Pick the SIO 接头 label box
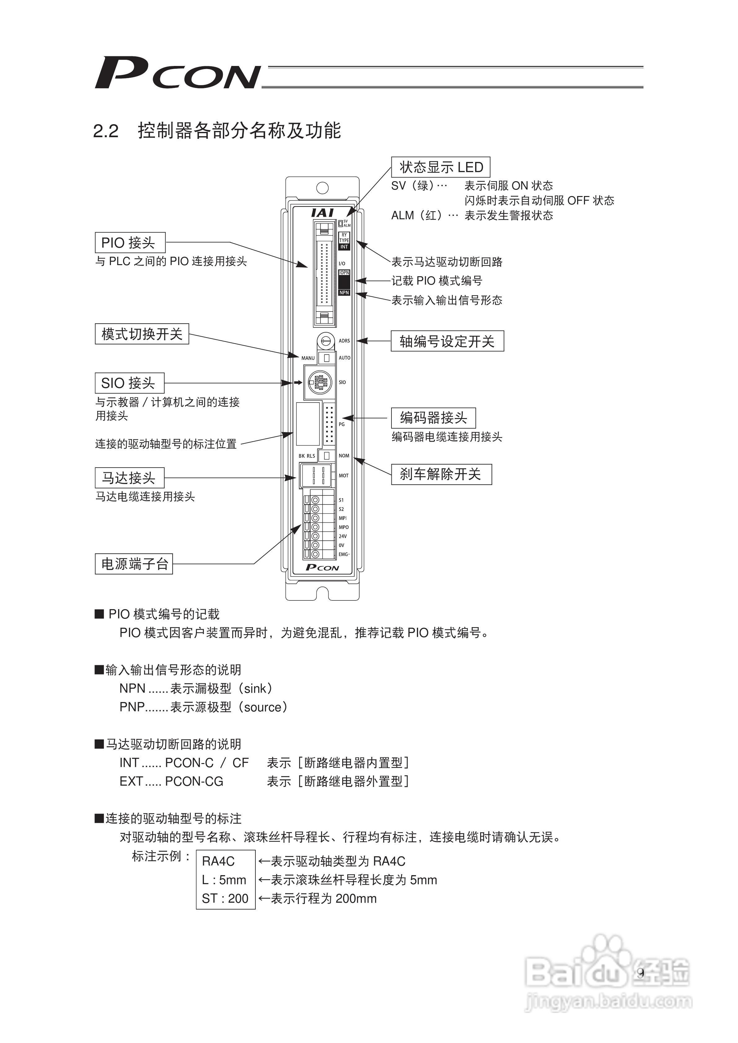point(130,383)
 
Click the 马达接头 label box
point(130,478)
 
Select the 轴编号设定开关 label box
point(447,341)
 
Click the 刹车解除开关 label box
point(441,474)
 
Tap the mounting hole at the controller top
point(322,188)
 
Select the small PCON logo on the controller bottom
point(322,567)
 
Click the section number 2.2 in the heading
point(105,131)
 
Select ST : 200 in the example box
point(225,899)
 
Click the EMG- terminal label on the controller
point(344,555)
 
